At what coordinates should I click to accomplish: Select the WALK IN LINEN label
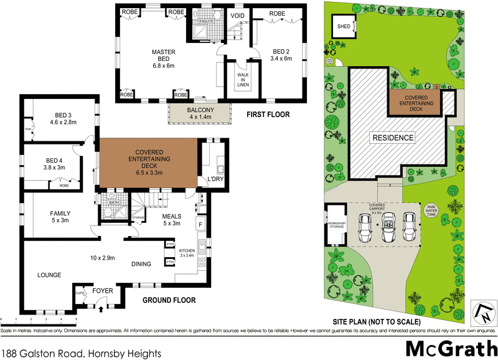click(x=242, y=80)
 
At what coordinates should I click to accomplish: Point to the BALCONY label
click(x=199, y=113)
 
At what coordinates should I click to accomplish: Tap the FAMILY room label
click(x=60, y=217)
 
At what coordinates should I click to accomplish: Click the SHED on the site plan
click(x=344, y=27)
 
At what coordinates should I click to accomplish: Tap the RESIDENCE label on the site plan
click(x=393, y=138)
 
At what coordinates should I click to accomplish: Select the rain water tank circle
click(x=431, y=210)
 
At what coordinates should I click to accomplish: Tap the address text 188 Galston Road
click(x=82, y=353)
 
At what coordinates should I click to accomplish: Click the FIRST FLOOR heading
click(x=268, y=115)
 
